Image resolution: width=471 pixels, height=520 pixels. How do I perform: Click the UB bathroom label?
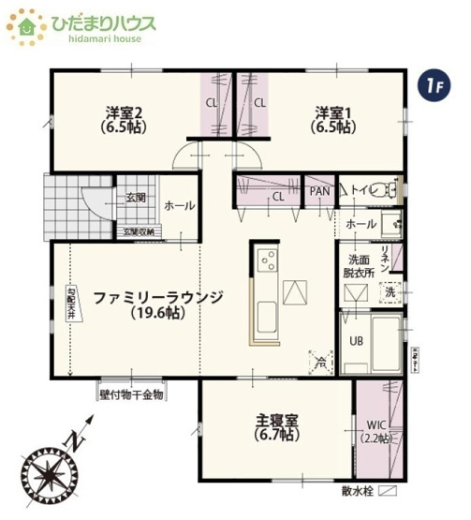tap(357, 341)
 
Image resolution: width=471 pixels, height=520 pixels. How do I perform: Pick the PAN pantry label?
tap(320, 191)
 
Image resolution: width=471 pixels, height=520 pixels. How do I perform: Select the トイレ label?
tap(361, 190)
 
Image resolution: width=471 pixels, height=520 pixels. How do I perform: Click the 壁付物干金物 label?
tap(131, 394)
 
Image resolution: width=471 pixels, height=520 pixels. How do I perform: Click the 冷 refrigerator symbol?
tap(321, 359)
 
